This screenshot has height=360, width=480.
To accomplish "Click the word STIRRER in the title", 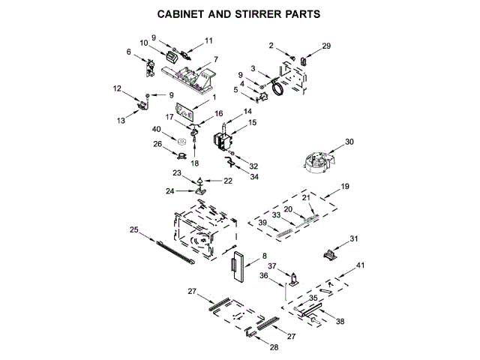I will [250, 13].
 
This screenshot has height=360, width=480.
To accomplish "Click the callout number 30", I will [349, 141].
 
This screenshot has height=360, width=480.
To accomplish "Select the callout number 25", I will [133, 229].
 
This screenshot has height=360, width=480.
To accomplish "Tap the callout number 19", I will [346, 185].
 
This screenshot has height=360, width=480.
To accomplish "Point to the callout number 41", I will [361, 265].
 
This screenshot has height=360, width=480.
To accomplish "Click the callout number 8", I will [264, 256].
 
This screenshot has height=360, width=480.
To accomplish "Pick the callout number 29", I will [326, 46].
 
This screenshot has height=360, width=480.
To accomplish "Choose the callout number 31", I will [355, 239].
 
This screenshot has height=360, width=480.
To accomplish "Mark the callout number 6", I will [128, 52].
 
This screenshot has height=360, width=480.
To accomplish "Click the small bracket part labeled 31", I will [329, 253].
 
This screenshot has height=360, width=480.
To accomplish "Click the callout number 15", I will [252, 122].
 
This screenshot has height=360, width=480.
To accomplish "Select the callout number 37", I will [273, 266].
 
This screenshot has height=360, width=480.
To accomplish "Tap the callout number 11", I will [208, 40].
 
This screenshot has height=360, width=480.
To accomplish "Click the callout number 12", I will [117, 89].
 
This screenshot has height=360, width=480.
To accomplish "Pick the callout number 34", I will [254, 177].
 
